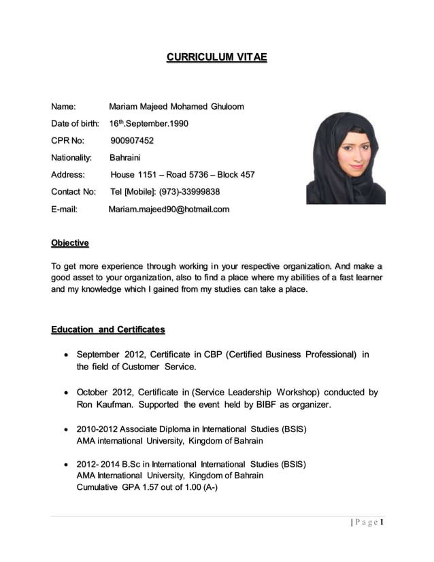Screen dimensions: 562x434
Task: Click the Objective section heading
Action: tap(70, 243)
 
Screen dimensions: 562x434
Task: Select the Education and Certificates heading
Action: tap(108, 330)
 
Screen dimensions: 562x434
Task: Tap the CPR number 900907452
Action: tap(132, 141)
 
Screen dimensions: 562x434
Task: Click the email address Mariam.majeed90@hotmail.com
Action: tap(169, 209)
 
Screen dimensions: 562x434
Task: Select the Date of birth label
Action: tap(75, 124)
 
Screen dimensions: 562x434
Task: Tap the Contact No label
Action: tap(73, 192)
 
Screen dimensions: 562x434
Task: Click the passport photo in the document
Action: tap(346, 159)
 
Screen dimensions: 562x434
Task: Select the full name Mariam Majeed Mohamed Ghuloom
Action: tap(176, 107)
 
